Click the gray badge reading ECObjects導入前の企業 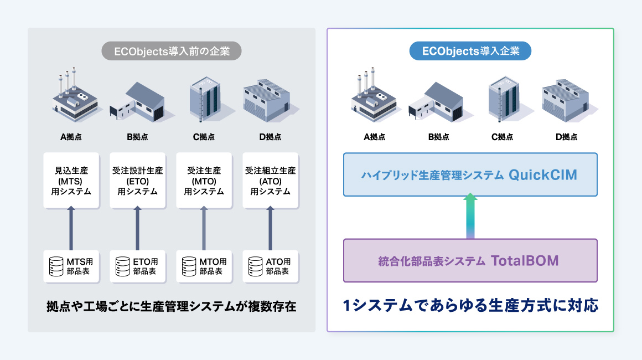coord(172,52)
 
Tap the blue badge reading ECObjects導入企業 coord(470,52)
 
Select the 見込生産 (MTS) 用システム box coord(71,181)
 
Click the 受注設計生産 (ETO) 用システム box coord(138,181)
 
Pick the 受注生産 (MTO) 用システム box coord(204,181)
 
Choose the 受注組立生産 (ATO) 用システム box coord(271,181)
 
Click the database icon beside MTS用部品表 coord(56,266)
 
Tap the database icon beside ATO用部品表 coord(256,266)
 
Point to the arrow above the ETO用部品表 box coord(138,228)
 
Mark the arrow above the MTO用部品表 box coord(204,228)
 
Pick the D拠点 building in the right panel coord(565,100)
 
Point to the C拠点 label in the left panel coord(204,137)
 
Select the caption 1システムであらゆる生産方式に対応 coord(470,306)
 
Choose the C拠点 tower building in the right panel coord(503,97)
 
